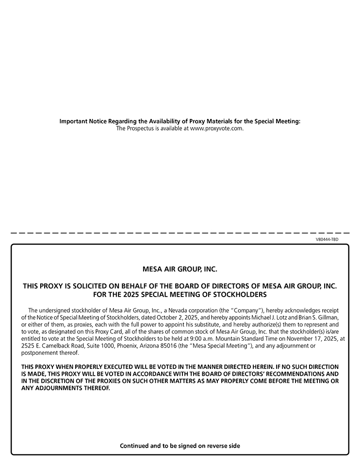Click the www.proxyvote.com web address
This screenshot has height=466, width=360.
click(x=216, y=129)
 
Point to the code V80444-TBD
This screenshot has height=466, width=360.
click(x=327, y=240)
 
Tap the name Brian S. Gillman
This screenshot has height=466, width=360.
click(x=317, y=317)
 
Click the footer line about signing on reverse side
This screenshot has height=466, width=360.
click(x=180, y=446)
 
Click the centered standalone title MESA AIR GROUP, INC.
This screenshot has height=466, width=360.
click(x=180, y=268)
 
